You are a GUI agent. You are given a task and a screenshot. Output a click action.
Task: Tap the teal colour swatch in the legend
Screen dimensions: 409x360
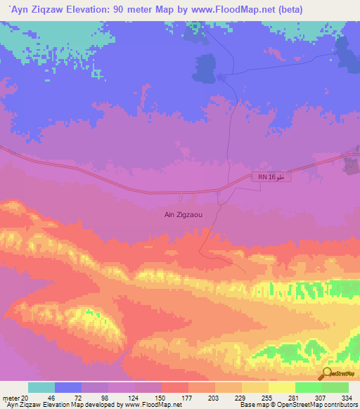[41, 387]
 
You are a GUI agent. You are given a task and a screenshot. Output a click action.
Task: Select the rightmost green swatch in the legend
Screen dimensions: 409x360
[335, 387]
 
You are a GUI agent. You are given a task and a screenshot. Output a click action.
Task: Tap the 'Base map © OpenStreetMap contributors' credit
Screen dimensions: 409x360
[296, 405]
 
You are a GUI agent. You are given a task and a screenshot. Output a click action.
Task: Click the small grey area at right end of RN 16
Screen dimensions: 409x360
[349, 164]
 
